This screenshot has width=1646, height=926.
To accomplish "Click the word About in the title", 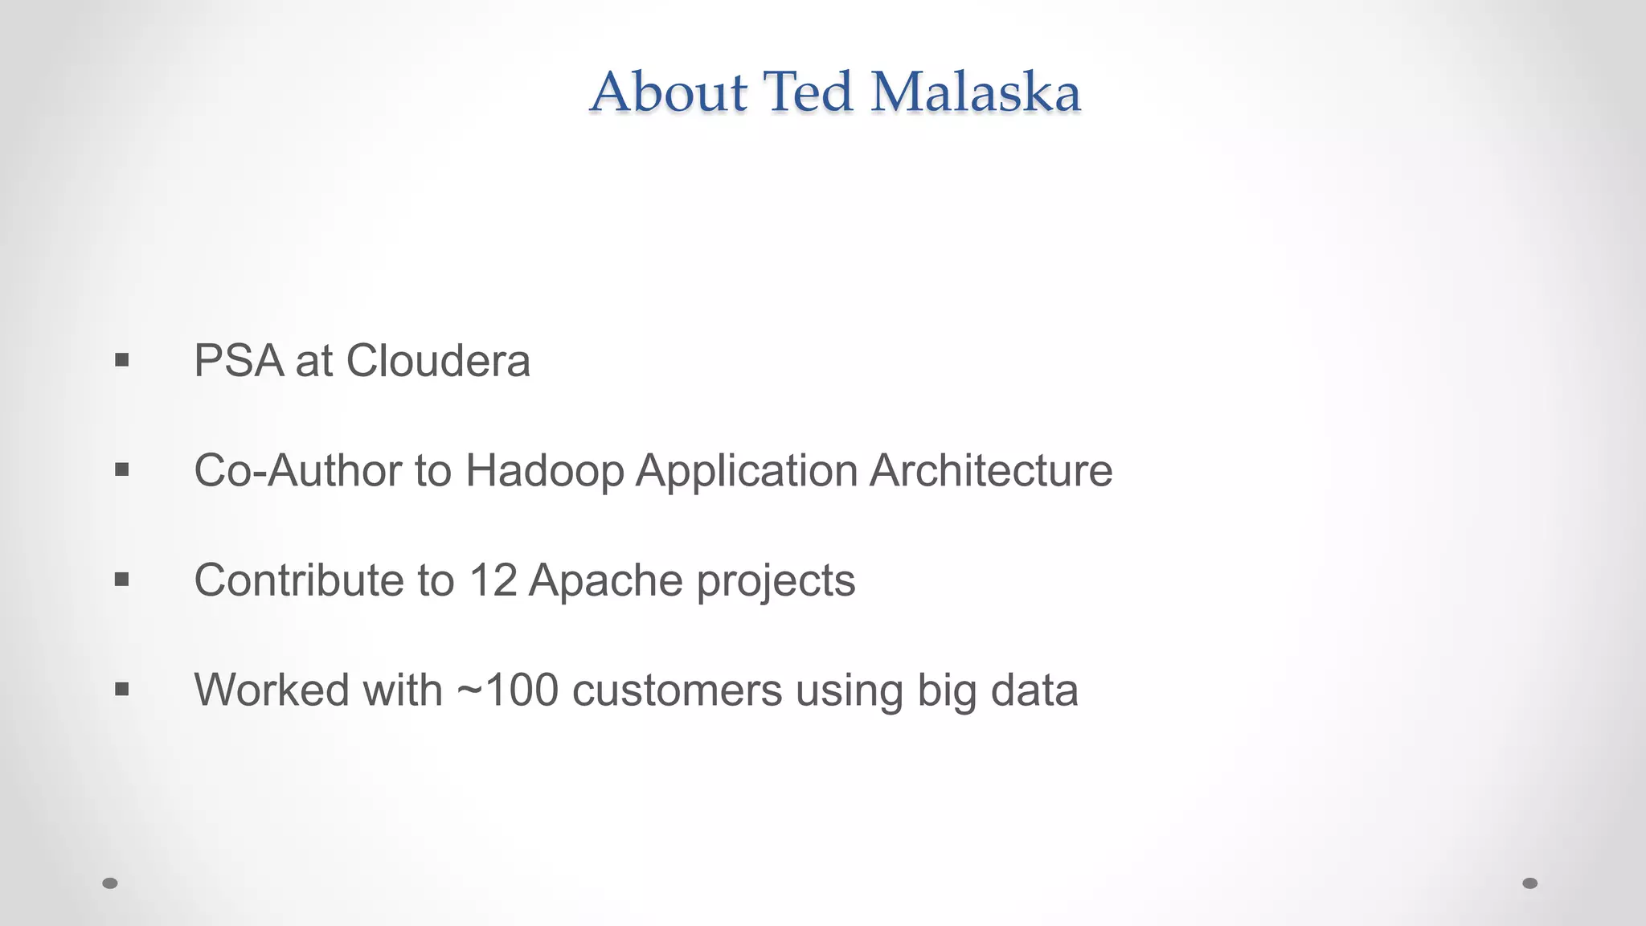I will [669, 92].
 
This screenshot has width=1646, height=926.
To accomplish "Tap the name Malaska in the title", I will [976, 92].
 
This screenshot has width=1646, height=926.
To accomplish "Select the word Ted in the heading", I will [807, 92].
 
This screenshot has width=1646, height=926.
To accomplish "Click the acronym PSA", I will [239, 361].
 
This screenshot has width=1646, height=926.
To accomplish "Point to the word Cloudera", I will [438, 361].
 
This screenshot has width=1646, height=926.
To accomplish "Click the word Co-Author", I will [297, 470].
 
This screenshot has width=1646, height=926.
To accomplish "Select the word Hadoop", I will [544, 472].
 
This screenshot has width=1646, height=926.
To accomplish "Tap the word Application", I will [746, 472].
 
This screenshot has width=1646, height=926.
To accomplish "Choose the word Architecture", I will [990, 470].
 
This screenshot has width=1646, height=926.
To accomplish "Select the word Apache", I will [606, 580].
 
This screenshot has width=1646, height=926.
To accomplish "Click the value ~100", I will [507, 690].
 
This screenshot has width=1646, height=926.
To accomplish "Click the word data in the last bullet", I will [1034, 690].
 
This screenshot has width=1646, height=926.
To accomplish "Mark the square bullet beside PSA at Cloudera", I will [121, 360].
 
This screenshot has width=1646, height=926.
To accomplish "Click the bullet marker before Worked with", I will [121, 689].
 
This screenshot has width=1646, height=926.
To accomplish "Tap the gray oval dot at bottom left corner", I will [110, 883].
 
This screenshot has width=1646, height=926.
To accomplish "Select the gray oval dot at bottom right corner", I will [1530, 883].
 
